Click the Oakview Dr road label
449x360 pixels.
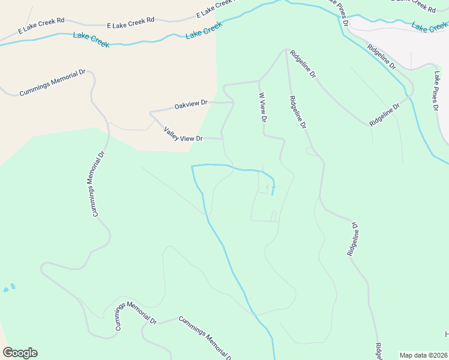[x=190, y=105]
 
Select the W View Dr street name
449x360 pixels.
[x=262, y=107]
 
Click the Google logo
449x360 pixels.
[x=20, y=353]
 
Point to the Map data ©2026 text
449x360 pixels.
[x=424, y=355]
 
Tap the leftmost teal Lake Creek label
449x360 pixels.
[x=91, y=40]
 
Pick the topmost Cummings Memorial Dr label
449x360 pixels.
[x=53, y=82]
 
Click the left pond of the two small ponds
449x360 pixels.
[x=7, y=289]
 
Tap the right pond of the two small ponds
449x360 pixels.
[x=13, y=286]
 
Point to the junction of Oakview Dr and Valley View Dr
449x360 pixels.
[x=150, y=113]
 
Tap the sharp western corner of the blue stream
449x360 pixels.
[x=191, y=166]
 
